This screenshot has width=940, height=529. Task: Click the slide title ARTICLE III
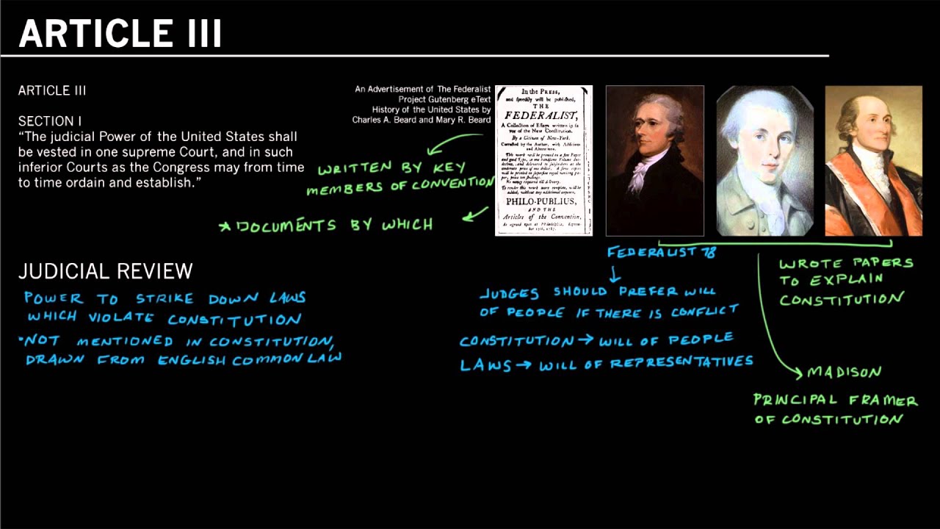(x=120, y=34)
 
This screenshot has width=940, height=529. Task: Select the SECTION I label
(x=50, y=121)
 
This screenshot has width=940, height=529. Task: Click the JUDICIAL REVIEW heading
(x=105, y=271)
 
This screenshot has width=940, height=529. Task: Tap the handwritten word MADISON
(x=844, y=373)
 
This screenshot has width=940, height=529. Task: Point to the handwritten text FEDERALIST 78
(x=661, y=252)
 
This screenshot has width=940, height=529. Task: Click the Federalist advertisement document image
(x=543, y=160)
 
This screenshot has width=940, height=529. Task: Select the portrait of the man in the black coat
(x=654, y=160)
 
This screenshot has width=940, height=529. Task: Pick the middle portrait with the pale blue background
(x=764, y=160)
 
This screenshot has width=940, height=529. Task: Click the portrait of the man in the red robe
(x=873, y=160)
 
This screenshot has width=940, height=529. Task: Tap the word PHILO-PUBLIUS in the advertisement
(x=543, y=201)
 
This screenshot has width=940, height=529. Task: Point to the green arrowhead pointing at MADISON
(x=798, y=373)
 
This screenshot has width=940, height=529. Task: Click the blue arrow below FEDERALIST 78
(x=615, y=276)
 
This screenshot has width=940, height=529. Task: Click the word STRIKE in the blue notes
(x=165, y=298)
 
